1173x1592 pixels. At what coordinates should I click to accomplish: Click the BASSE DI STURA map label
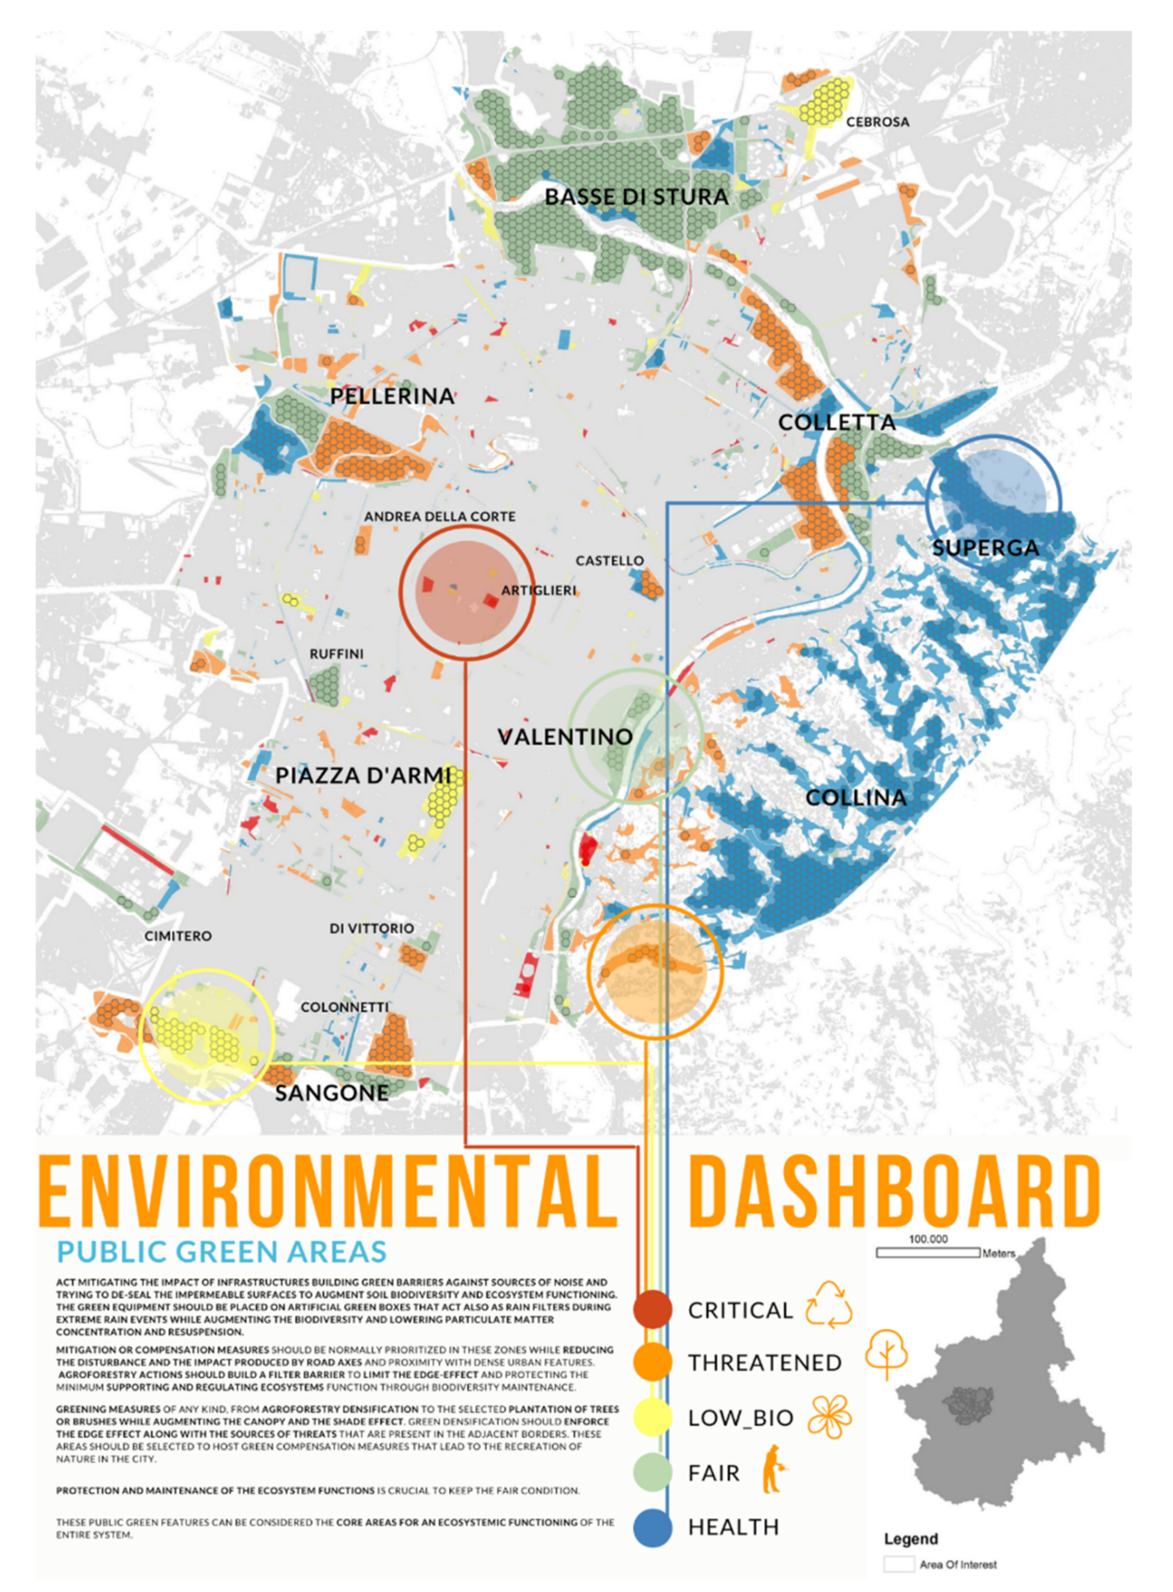[636, 197]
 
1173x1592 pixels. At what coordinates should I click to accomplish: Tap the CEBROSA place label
[877, 122]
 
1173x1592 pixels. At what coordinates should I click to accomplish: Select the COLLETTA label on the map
[836, 422]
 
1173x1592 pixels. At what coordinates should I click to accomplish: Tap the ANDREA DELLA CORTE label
[439, 516]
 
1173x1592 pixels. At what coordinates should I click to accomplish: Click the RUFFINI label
[337, 653]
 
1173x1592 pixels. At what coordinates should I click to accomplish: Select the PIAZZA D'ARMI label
[364, 775]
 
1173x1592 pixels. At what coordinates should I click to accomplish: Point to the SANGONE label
[331, 1093]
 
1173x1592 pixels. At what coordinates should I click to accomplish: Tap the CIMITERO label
[178, 936]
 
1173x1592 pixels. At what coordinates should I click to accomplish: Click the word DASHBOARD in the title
[894, 1192]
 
